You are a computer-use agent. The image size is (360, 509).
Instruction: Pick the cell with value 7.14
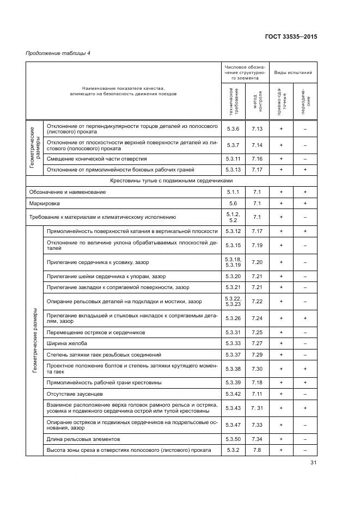[257, 145]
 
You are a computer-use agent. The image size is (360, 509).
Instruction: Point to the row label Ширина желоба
[67, 344]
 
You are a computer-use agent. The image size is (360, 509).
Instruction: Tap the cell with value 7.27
[257, 344]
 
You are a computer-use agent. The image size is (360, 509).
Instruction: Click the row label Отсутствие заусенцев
[74, 393]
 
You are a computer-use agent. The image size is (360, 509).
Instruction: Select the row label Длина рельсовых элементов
[83, 439]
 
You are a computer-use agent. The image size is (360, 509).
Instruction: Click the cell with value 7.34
[257, 439]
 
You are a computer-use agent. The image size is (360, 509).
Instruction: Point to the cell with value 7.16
[257, 158]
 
